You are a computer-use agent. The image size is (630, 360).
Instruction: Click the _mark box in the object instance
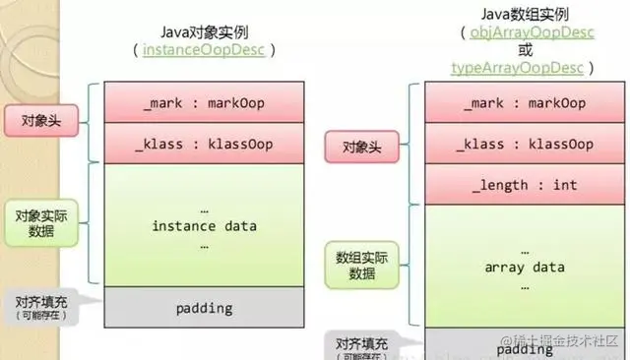pos(205,103)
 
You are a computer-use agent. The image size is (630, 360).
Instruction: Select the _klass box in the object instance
pos(205,145)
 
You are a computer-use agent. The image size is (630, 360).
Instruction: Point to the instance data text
pos(205,226)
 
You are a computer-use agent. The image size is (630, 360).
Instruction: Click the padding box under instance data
pos(205,308)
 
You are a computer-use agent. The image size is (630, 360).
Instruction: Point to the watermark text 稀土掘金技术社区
pos(572,341)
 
